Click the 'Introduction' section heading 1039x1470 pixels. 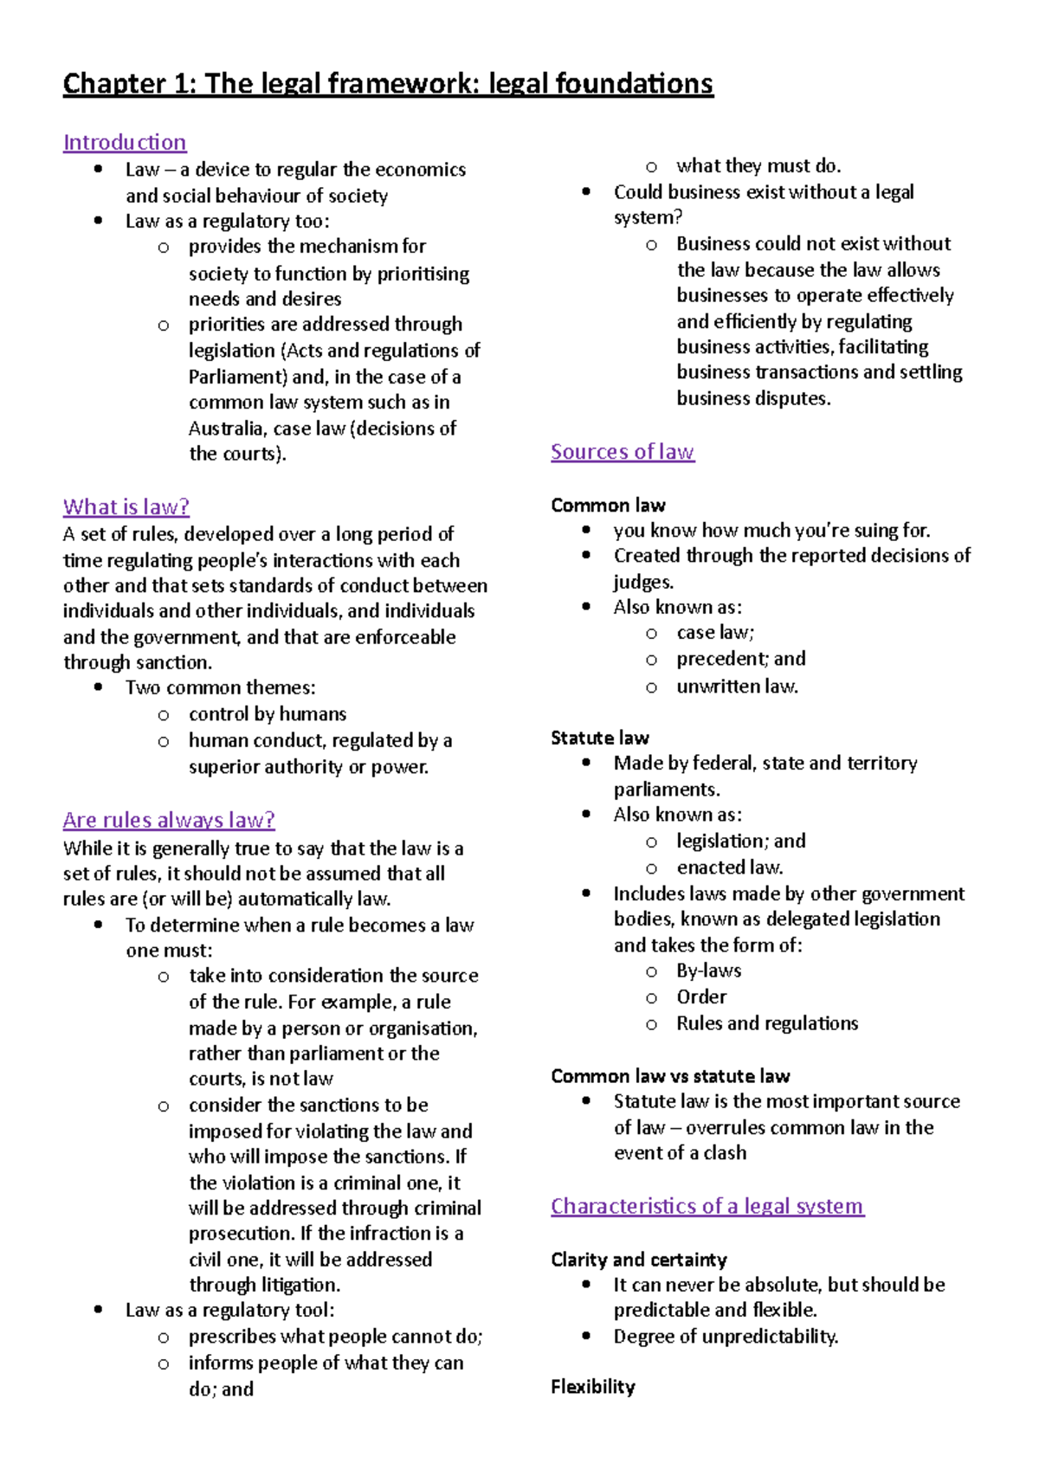125,142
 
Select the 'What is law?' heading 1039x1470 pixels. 126,506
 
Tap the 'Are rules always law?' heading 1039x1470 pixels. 169,820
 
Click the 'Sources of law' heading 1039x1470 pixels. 623,452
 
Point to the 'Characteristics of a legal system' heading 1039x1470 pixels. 707,1206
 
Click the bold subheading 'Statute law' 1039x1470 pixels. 600,738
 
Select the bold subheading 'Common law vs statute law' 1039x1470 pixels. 670,1076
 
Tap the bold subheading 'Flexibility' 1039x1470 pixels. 593,1387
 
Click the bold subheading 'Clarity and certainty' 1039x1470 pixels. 639,1260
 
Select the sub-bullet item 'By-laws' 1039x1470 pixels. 708,970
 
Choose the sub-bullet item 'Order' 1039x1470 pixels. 701,996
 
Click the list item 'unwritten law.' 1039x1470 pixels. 737,687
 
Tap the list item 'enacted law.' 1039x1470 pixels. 730,867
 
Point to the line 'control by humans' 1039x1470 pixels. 268,714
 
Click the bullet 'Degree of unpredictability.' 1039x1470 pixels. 726,1337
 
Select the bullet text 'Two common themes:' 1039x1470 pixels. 221,687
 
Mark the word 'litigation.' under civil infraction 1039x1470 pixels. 300,1286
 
